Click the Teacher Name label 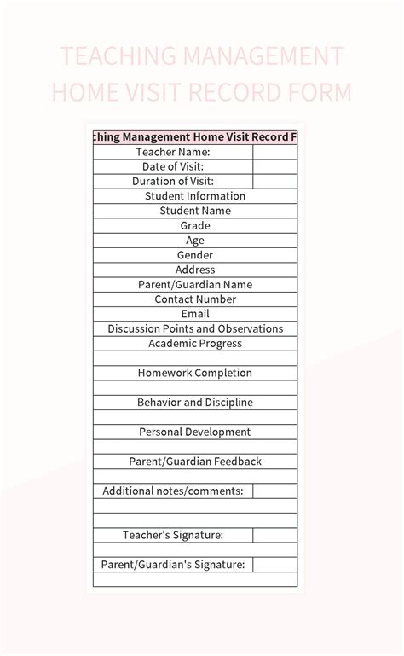[173, 152]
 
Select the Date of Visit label [173, 166]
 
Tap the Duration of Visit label [173, 181]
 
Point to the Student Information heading [195, 196]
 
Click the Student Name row [195, 211]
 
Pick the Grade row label [195, 225]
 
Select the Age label [195, 241]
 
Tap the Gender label [195, 255]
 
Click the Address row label [195, 270]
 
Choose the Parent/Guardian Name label [195, 284]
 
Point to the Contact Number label [195, 299]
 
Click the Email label [195, 314]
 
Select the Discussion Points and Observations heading [195, 328]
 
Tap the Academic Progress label [195, 343]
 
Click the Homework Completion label [195, 373]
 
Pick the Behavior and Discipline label [195, 402]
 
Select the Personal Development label [195, 432]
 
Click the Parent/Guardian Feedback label [195, 462]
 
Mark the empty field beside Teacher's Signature [274, 535]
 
